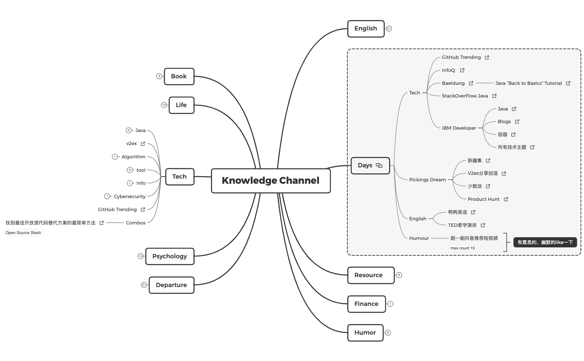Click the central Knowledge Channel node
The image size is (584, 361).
(271, 181)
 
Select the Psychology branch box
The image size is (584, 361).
(170, 256)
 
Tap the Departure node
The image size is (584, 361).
(171, 285)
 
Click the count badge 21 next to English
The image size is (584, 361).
(389, 29)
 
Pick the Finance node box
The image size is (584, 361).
(366, 304)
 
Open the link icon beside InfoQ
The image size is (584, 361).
(462, 70)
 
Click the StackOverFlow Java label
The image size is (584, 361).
(464, 96)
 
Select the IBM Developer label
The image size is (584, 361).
(459, 128)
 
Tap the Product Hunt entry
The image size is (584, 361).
(483, 199)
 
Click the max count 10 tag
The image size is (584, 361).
(462, 248)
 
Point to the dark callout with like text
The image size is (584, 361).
(545, 242)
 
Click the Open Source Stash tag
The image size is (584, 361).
(23, 233)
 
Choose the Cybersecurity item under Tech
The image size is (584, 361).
(129, 196)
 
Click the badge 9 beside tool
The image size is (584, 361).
(129, 170)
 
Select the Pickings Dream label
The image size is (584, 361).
(427, 180)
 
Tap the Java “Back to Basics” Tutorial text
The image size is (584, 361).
(528, 83)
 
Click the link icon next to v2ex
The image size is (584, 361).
(143, 144)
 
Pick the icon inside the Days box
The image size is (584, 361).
(379, 166)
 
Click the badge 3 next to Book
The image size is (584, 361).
(159, 76)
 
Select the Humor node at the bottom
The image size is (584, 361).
(365, 333)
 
